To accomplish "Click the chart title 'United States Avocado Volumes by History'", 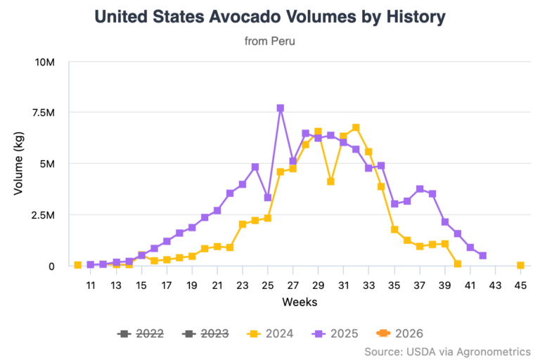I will pos(270,16).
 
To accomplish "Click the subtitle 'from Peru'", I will pos(270,41).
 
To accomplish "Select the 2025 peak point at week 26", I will pos(281,108).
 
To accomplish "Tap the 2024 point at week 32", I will pos(356,127).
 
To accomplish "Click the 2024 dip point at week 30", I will pos(330,181).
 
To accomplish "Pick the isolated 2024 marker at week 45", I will pos(520,265).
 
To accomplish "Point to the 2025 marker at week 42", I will pos(482,256).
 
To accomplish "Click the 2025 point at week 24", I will pos(255,167).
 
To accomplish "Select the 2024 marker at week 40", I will pos(458,264).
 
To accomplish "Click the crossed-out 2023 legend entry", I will pos(207,333).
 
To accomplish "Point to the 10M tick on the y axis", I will pos(45,62).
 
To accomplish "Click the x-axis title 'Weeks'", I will pos(299,302).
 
